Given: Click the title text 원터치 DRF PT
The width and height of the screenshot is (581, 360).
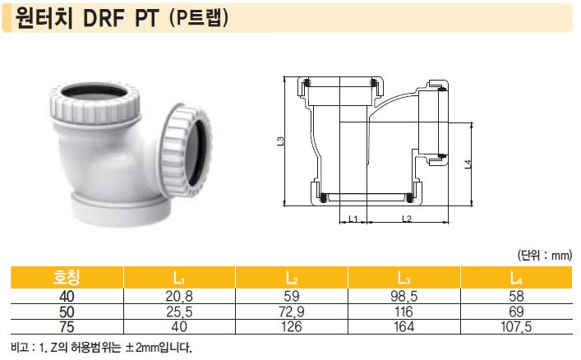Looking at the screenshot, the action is pyautogui.click(x=87, y=18).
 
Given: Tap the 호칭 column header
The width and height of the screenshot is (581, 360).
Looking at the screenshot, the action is pyautogui.click(x=67, y=277).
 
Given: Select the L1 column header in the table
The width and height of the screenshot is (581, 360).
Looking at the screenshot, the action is pyautogui.click(x=179, y=278).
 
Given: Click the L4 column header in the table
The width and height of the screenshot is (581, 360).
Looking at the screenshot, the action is pyautogui.click(x=516, y=278).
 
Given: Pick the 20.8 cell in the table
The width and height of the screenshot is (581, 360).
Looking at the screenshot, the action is pyautogui.click(x=179, y=297).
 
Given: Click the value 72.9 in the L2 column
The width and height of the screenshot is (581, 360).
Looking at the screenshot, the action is pyautogui.click(x=291, y=312).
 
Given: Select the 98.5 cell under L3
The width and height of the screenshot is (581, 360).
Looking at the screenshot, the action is pyautogui.click(x=403, y=297).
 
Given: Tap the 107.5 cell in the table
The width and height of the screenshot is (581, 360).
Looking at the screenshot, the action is pyautogui.click(x=516, y=326).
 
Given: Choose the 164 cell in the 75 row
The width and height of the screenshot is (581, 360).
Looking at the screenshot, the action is pyautogui.click(x=403, y=326).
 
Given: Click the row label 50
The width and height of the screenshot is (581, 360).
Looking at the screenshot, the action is pyautogui.click(x=67, y=312).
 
